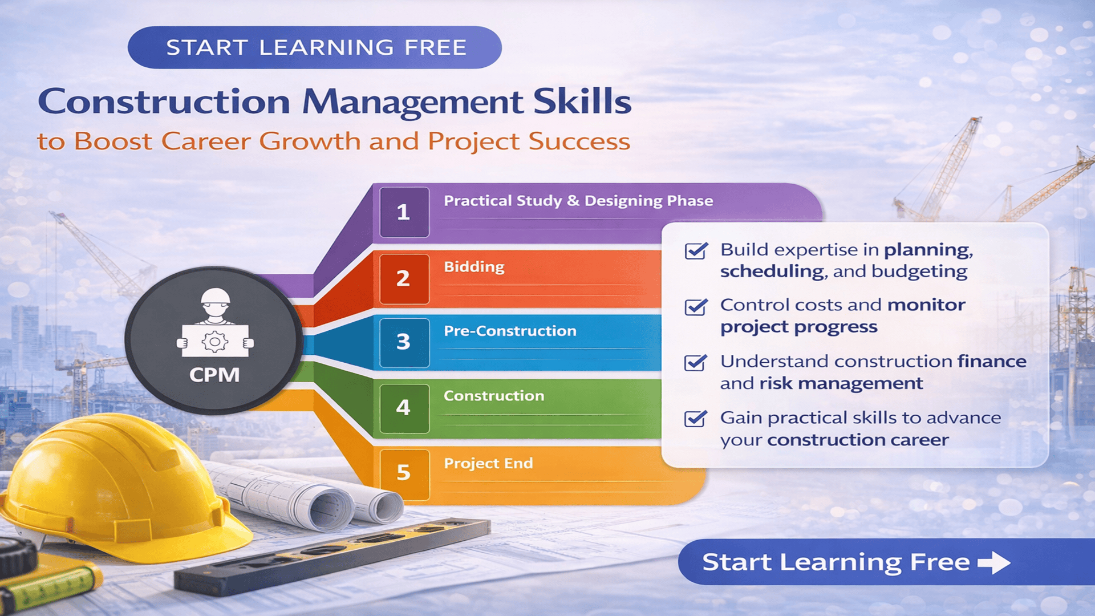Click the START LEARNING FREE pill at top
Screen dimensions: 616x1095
coord(314,47)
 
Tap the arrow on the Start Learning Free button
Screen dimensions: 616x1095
coord(994,562)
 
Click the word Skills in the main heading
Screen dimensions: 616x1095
coord(582,102)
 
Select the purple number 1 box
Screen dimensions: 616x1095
coord(404,212)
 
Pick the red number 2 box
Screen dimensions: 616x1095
coord(404,278)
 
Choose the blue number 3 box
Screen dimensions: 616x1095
coord(404,342)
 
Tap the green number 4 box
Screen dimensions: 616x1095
coord(404,407)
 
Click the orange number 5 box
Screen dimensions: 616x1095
coord(404,472)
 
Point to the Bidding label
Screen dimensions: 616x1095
coord(474,267)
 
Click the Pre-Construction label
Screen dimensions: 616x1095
coord(510,331)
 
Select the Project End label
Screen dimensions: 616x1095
coord(488,463)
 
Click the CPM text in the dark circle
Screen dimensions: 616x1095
coord(214,375)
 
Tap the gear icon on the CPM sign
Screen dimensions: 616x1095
coord(214,341)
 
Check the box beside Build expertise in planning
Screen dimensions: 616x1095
coord(696,251)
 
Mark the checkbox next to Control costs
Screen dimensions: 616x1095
coord(696,307)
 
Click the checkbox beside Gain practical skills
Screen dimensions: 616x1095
coord(696,419)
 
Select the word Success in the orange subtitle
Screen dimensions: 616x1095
coord(579,141)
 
